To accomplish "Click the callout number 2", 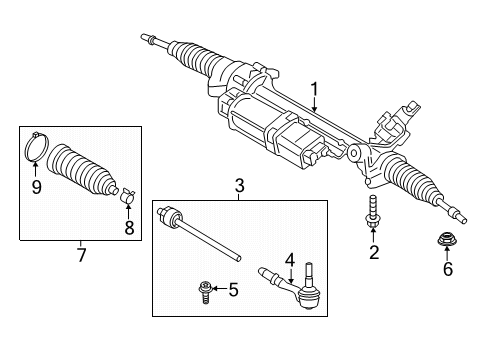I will (x=374, y=253).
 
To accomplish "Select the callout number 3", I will (x=240, y=185).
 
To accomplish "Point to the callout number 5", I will (x=234, y=290).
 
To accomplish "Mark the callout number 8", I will (x=129, y=226).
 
